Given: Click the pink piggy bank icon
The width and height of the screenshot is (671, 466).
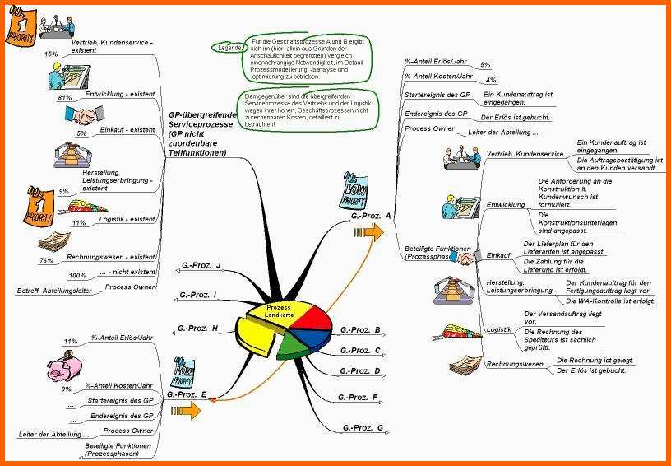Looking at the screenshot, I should pos(62,363).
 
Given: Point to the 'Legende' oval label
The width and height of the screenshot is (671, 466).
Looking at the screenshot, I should pos(229,49).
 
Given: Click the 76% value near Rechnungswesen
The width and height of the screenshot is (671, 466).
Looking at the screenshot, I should pos(47,260).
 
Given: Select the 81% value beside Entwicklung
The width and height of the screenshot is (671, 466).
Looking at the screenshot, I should pos(64,97).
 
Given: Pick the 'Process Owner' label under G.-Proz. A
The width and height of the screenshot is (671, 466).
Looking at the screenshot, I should pos(429,129).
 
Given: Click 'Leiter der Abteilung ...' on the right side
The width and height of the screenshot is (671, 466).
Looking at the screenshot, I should pos(503,133).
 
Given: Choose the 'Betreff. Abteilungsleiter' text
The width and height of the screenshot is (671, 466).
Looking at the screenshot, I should pos(54,291).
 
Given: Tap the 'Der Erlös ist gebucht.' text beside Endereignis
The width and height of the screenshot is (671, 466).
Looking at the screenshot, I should pos(515,118).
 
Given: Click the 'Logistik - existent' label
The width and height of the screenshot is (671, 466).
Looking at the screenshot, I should pos(127,220).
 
